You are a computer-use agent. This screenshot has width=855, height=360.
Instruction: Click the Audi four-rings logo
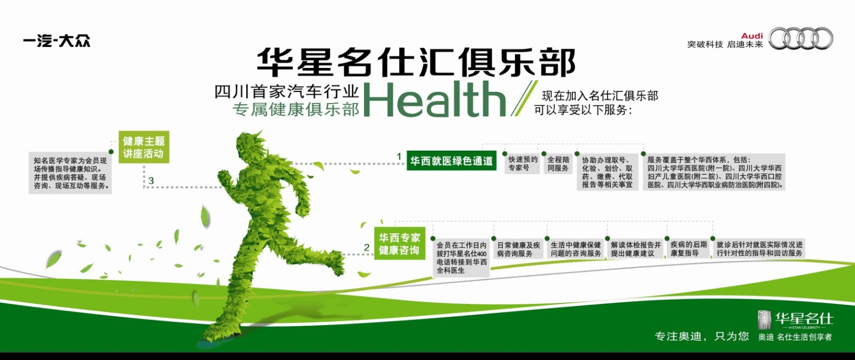coord(801,38)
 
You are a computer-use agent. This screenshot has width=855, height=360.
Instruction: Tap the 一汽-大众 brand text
coord(57,41)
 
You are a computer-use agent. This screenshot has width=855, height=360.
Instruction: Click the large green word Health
coord(434,99)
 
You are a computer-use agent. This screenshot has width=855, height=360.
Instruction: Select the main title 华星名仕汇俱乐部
coord(416,62)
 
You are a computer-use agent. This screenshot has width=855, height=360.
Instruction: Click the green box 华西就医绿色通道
coord(452,161)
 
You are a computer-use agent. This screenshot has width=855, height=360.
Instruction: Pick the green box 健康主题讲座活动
coord(144,147)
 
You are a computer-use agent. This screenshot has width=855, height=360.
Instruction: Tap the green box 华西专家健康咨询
coord(400,244)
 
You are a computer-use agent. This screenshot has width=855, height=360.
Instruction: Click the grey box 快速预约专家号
coord(523,163)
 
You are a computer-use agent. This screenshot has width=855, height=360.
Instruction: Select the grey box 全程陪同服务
coord(558,163)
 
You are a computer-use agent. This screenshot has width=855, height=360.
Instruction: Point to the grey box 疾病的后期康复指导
coord(688,248)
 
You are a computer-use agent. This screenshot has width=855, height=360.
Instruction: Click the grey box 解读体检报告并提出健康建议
coord(635,249)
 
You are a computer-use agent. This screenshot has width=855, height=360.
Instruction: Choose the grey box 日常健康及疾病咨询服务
coord(518,249)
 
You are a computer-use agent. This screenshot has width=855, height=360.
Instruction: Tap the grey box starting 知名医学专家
coord(70,173)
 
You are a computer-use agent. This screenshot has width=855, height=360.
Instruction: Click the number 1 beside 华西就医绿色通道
coord(399,156)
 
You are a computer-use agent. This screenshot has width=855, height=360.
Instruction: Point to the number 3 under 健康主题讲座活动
coord(151,181)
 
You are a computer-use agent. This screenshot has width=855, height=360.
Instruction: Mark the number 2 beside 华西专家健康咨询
coord(367,247)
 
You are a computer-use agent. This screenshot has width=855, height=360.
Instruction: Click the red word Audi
coord(751,36)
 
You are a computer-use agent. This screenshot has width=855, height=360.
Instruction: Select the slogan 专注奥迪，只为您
coord(702,336)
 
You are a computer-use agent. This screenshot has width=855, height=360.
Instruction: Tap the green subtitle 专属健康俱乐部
coord(296,109)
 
